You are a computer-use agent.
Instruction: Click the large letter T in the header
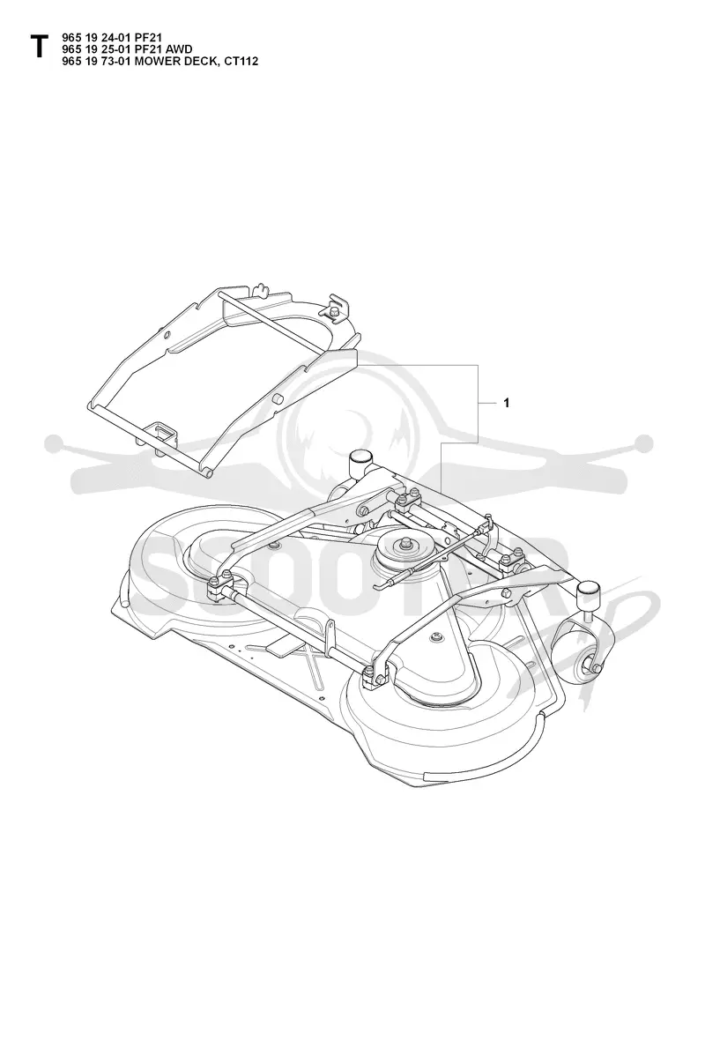point(39,48)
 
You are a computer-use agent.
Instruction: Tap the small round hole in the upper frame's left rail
point(165,335)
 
